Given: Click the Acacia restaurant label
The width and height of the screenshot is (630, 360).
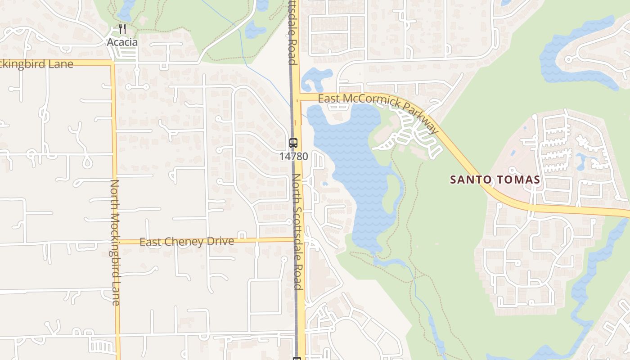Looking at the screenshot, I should tap(122, 42).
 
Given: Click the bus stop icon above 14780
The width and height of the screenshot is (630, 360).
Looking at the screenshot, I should tap(293, 144).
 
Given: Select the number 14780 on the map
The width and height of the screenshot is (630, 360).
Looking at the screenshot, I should tap(293, 157).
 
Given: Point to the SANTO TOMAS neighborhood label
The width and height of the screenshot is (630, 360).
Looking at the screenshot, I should tap(495, 180).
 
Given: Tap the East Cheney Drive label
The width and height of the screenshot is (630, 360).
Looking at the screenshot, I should tap(187, 242).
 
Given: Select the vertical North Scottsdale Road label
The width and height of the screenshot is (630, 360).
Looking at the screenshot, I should tap(297, 232).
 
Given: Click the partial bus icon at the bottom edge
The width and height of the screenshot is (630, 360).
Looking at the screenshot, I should tap(297, 358).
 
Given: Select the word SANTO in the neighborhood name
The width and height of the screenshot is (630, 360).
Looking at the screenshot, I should tap(467, 180).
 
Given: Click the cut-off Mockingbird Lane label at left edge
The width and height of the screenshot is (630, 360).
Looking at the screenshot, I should tap(36, 64).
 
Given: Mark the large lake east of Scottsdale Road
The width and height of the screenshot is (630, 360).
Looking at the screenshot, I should tap(355, 171).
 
